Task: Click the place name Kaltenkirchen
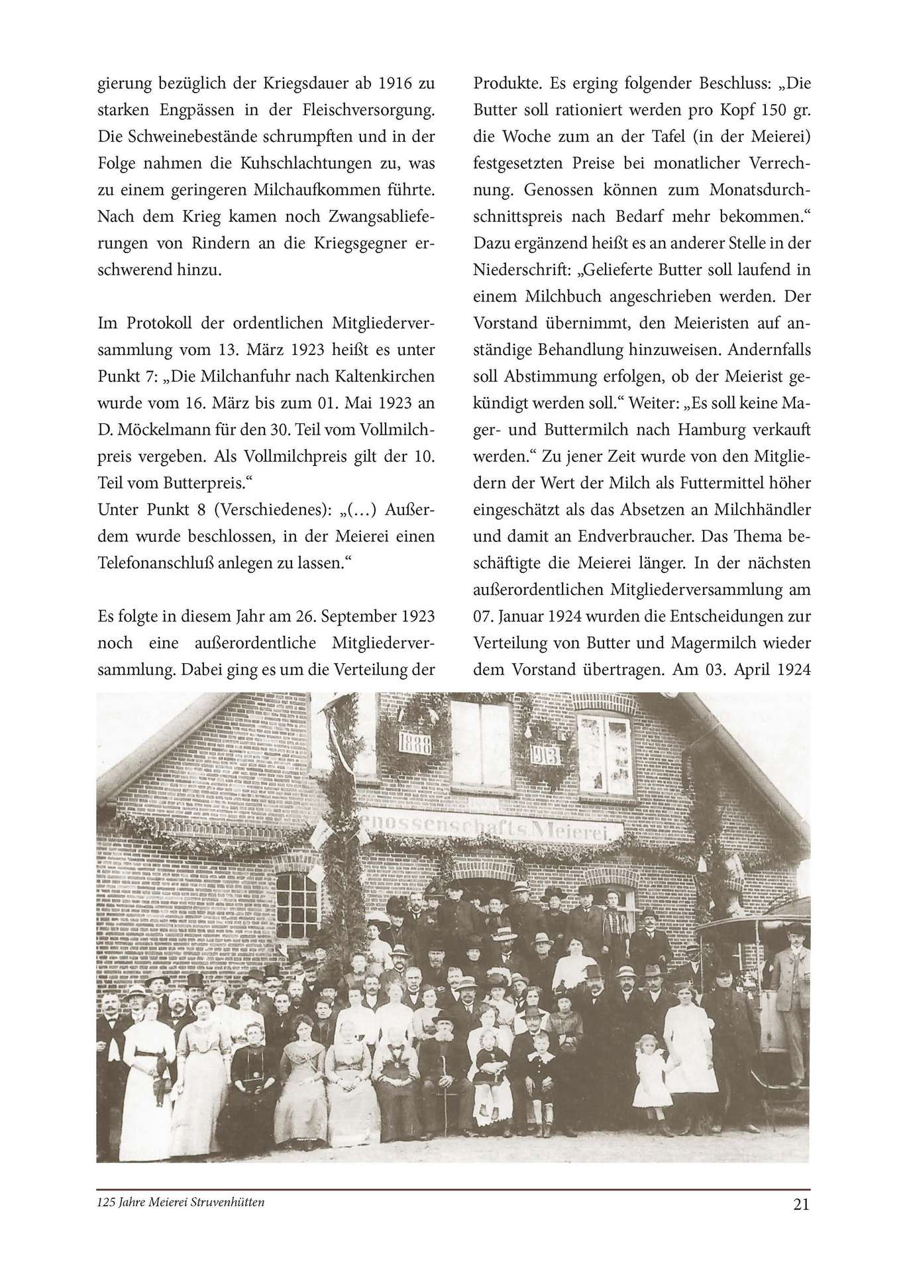[x=376, y=376]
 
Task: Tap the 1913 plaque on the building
[x=545, y=755]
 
